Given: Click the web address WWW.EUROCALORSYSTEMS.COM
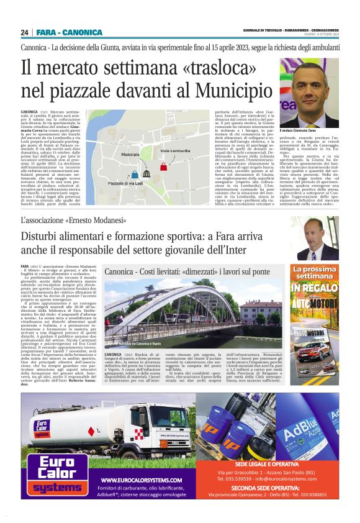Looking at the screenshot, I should tap(142, 480).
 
